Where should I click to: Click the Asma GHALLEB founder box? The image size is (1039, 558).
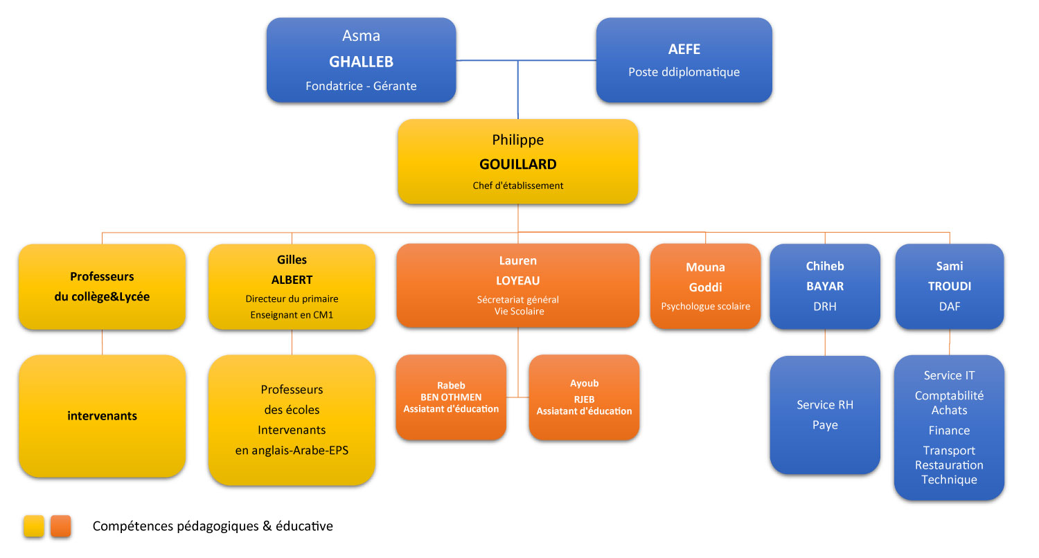[x=361, y=61]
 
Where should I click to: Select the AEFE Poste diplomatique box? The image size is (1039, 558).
[x=684, y=60]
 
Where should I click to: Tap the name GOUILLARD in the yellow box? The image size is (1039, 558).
[x=517, y=165]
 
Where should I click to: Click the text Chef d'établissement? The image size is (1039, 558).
[x=517, y=186]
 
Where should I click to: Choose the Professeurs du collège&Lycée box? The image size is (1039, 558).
[x=102, y=287]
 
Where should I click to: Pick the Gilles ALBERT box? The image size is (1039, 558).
[x=292, y=287]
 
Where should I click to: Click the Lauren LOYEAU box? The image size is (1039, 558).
[x=517, y=285]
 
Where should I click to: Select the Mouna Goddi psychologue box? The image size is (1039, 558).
[x=705, y=286]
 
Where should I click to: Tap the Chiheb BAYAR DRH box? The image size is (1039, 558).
[x=825, y=286]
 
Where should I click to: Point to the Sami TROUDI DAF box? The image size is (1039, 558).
[x=949, y=286]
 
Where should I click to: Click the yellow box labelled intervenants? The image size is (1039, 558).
[x=102, y=416]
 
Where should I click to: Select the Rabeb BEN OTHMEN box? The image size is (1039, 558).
[x=451, y=397]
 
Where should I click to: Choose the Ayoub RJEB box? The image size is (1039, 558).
[x=584, y=397]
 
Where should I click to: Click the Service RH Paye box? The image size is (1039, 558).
[x=825, y=415]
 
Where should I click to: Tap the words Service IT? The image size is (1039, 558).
[x=949, y=375]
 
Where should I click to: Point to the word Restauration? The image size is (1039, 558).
[x=949, y=465]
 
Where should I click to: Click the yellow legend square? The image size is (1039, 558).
[x=34, y=527]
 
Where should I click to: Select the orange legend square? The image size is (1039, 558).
[x=61, y=527]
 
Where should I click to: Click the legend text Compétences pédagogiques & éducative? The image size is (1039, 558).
[x=213, y=526]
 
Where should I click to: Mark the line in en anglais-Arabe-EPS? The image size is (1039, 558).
[x=292, y=451]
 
